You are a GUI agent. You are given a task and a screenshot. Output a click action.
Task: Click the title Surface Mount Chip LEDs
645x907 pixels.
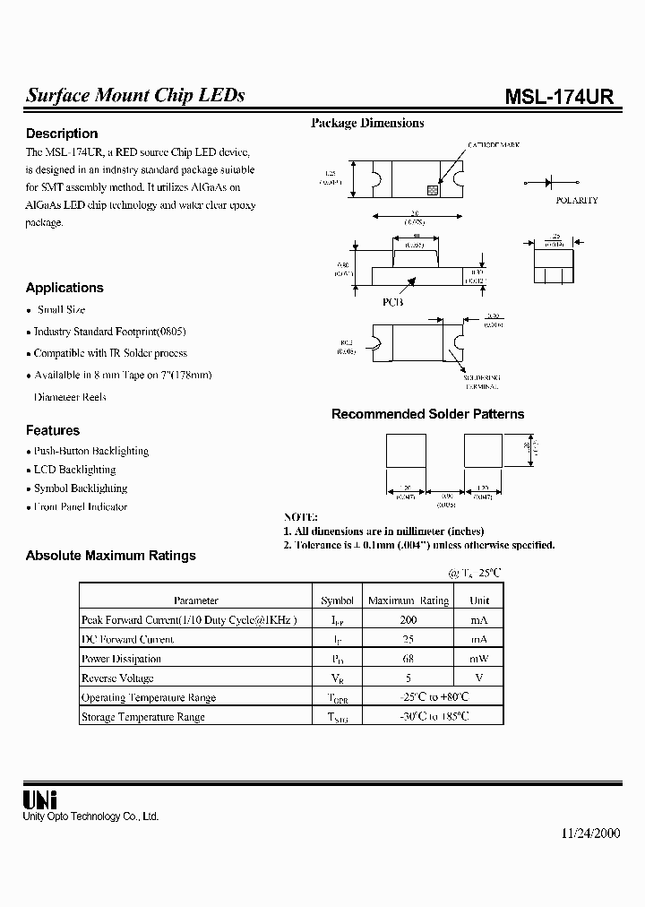(135, 96)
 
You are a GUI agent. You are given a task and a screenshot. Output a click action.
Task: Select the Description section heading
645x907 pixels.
(62, 134)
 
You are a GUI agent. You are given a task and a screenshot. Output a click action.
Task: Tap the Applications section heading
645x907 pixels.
(64, 288)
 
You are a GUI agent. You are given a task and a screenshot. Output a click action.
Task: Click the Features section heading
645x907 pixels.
(53, 430)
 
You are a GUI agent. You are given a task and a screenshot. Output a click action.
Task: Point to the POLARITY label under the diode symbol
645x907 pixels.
(576, 201)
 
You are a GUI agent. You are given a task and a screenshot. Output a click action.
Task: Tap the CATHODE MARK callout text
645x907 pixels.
(493, 145)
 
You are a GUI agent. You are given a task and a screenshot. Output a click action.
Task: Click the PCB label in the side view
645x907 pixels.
(393, 302)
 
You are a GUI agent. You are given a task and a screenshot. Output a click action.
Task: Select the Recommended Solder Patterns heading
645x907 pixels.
(427, 414)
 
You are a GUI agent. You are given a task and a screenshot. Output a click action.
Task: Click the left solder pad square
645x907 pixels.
(406, 450)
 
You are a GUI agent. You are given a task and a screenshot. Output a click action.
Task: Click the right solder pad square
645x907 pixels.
(483, 450)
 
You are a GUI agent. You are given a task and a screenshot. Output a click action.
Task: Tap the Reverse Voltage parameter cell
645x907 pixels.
(117, 678)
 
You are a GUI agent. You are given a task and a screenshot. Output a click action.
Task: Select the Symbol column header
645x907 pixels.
(337, 600)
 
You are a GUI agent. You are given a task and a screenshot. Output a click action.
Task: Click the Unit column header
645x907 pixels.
(479, 600)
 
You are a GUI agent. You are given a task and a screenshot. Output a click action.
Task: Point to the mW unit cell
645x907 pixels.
(479, 659)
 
